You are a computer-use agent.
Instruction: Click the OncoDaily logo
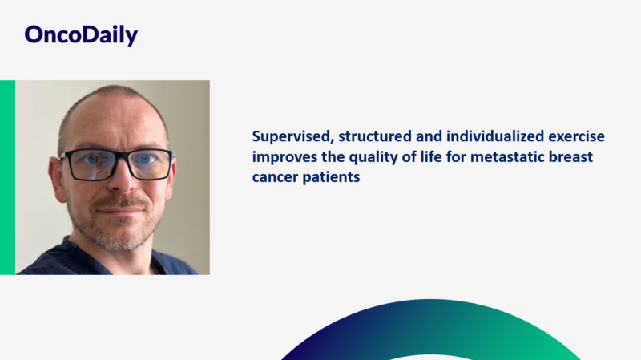point(81,34)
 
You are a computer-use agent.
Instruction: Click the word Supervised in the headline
point(286,136)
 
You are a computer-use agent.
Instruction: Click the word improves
point(284,156)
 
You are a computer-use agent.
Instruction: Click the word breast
point(572,156)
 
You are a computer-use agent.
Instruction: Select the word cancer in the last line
point(275,177)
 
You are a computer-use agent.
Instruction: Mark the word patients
point(331,177)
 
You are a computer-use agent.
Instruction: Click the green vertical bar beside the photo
point(7,177)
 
